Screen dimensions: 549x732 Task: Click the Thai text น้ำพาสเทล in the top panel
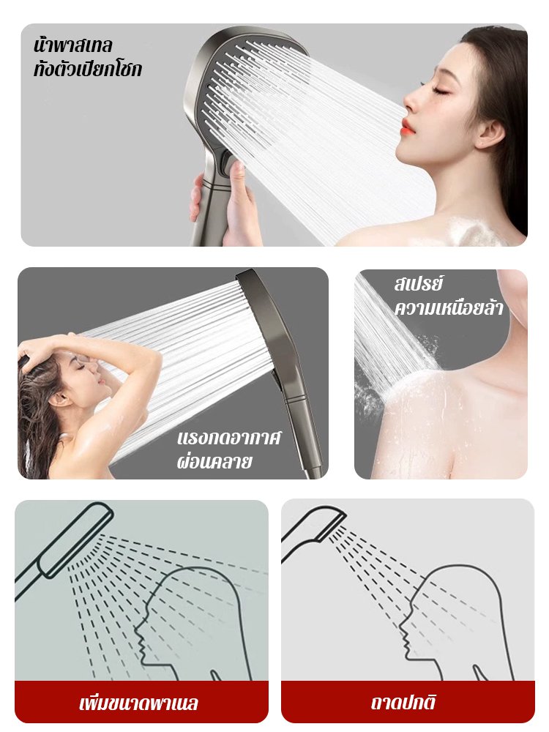(x=72, y=45)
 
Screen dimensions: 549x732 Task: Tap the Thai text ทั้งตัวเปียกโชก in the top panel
(x=87, y=69)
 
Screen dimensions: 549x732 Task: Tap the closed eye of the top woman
(x=437, y=89)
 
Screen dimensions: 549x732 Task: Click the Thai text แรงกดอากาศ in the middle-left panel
(x=229, y=438)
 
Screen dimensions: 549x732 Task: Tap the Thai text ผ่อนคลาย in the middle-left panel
(x=214, y=461)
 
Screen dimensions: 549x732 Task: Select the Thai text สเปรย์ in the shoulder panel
(x=418, y=284)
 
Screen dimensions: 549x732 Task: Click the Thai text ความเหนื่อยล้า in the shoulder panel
(x=449, y=307)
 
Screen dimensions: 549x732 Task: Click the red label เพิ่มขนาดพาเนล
(x=138, y=703)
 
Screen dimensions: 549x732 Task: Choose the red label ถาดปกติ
(x=403, y=703)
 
